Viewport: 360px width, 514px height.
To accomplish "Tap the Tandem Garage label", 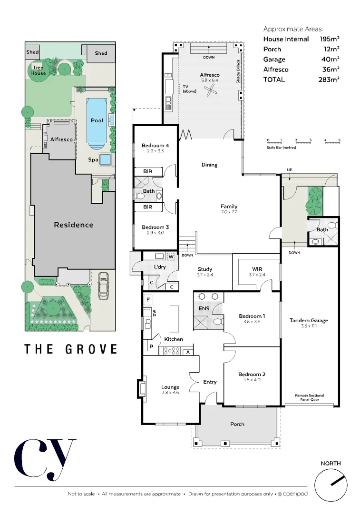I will tap(309, 320).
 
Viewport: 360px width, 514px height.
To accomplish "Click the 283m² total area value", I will tap(329, 79).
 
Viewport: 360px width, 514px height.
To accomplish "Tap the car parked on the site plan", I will tap(102, 286).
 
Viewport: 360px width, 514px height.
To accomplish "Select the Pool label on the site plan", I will tap(97, 120).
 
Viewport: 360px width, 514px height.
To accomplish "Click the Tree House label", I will tap(38, 70).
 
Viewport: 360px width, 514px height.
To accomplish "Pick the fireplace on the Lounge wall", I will tap(142, 388).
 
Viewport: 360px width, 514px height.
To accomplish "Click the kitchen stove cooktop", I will tap(171, 351).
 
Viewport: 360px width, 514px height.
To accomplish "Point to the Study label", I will tap(204, 269).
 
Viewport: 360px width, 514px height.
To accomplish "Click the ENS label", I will tap(204, 308).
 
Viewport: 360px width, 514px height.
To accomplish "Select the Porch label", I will tap(237, 424).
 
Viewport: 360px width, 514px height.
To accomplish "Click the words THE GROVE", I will tap(71, 349).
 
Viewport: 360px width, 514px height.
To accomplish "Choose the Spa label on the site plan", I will tap(93, 160).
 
